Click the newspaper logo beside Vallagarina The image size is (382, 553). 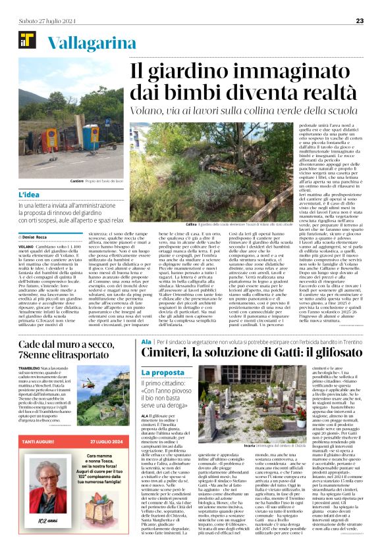tap(28, 41)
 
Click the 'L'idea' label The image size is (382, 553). tap(29, 195)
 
